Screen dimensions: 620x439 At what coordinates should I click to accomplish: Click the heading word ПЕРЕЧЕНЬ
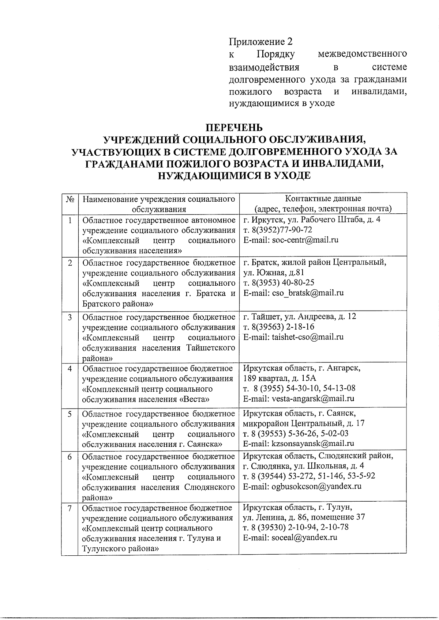coord(234,128)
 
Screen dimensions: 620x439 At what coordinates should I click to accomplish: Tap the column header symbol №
coord(70,199)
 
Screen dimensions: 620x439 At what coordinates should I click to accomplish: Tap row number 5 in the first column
coord(70,414)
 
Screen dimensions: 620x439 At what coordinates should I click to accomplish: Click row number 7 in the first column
coord(70,508)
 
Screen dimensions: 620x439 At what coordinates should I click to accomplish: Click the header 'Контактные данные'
coord(323,199)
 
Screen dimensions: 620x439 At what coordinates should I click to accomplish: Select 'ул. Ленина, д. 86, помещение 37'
coord(304,517)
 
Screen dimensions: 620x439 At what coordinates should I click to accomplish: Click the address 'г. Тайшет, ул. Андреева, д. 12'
coord(299,316)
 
